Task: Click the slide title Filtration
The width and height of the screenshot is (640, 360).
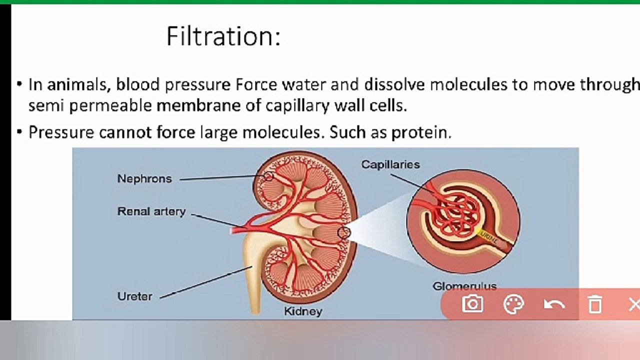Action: click(x=223, y=36)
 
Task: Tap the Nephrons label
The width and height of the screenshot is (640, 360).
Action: click(x=144, y=178)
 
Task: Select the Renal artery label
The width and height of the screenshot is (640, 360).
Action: click(x=151, y=211)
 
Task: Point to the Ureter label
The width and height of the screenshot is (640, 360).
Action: click(x=134, y=296)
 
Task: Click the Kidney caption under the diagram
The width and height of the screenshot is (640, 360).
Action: click(x=303, y=311)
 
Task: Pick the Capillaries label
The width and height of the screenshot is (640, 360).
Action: click(x=390, y=164)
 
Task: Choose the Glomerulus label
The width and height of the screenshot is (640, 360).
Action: click(x=464, y=286)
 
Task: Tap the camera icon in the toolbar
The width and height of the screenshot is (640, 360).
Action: click(x=472, y=304)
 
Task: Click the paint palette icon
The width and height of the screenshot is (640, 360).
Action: click(x=513, y=304)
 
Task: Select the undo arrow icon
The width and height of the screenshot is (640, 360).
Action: click(x=554, y=304)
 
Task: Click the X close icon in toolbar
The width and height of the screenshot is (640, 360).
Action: click(x=633, y=304)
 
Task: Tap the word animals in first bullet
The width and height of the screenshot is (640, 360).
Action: click(x=78, y=84)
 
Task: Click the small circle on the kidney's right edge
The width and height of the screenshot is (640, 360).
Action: click(x=343, y=232)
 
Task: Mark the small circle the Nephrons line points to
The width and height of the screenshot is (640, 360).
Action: click(x=268, y=176)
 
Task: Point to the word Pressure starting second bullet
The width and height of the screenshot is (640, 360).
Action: click(x=61, y=132)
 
